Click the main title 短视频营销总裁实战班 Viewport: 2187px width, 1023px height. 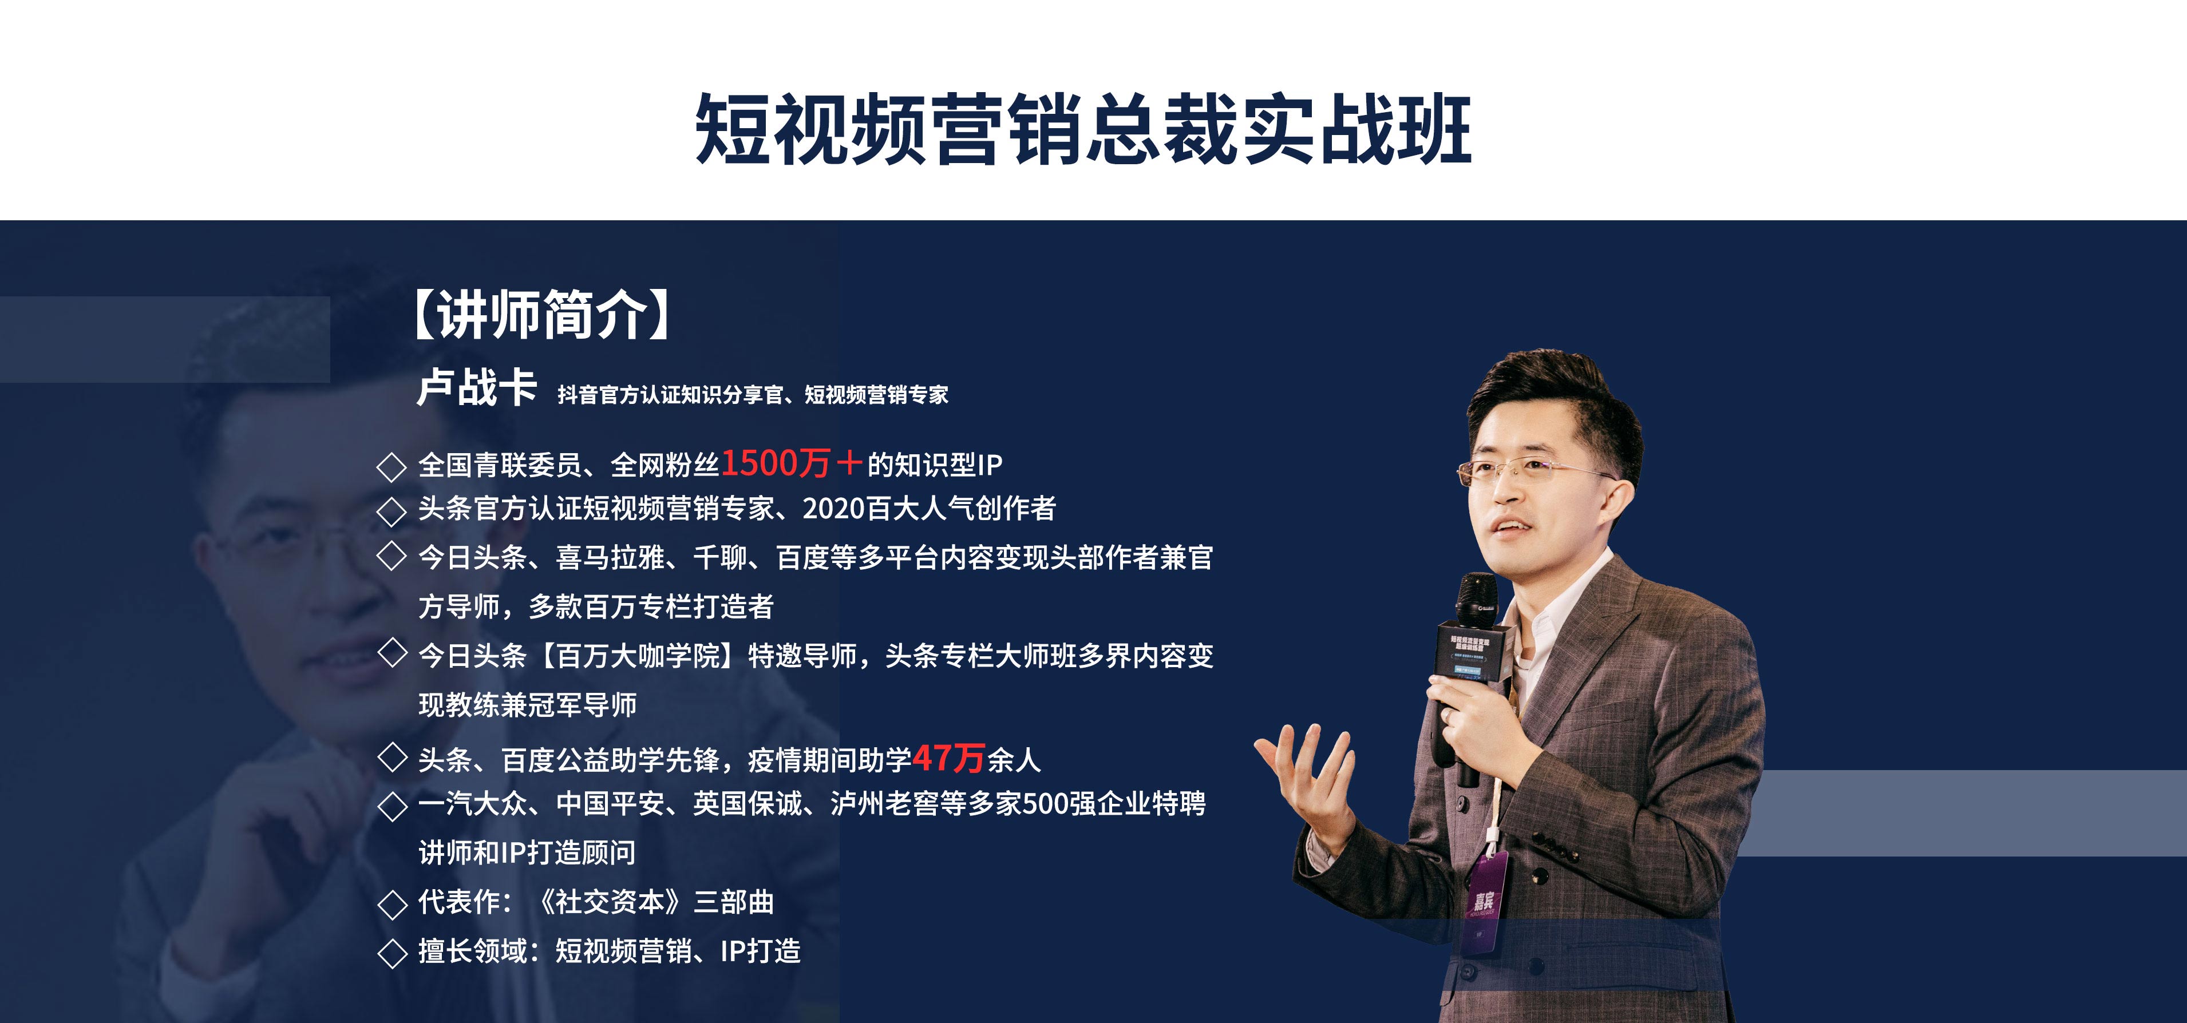1083,129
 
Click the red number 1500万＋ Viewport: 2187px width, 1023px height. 791,463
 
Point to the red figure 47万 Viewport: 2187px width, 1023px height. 948,758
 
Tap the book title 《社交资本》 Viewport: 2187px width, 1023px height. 610,902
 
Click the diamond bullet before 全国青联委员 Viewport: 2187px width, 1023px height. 391,466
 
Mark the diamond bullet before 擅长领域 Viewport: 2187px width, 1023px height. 391,953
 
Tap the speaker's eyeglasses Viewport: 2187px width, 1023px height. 1528,470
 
